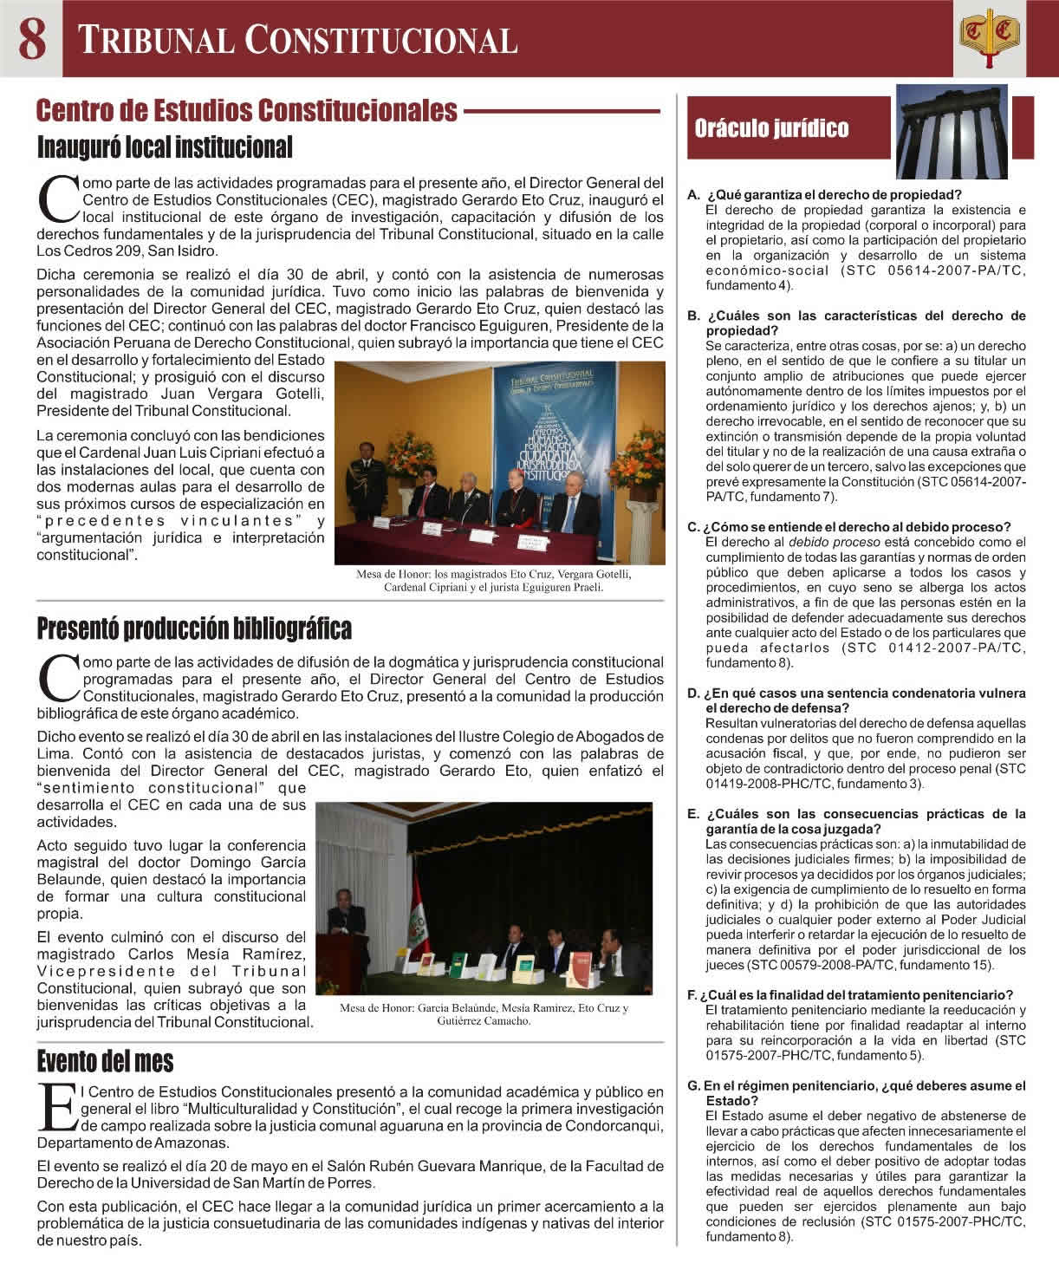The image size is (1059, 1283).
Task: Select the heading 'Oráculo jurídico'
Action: pos(771,129)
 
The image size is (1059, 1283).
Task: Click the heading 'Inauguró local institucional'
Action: pos(165,147)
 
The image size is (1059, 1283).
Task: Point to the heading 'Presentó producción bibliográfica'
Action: pos(194,628)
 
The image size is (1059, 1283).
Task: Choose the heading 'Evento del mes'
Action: pos(105,1062)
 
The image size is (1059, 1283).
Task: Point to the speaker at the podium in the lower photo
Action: pos(344,919)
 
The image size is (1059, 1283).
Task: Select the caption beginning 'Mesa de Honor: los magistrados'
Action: pos(493,581)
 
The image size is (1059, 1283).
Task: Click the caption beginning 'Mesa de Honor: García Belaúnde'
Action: pos(484,1014)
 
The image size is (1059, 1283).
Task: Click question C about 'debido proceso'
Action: pos(857,527)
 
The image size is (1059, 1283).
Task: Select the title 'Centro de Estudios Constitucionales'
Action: pos(247,111)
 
